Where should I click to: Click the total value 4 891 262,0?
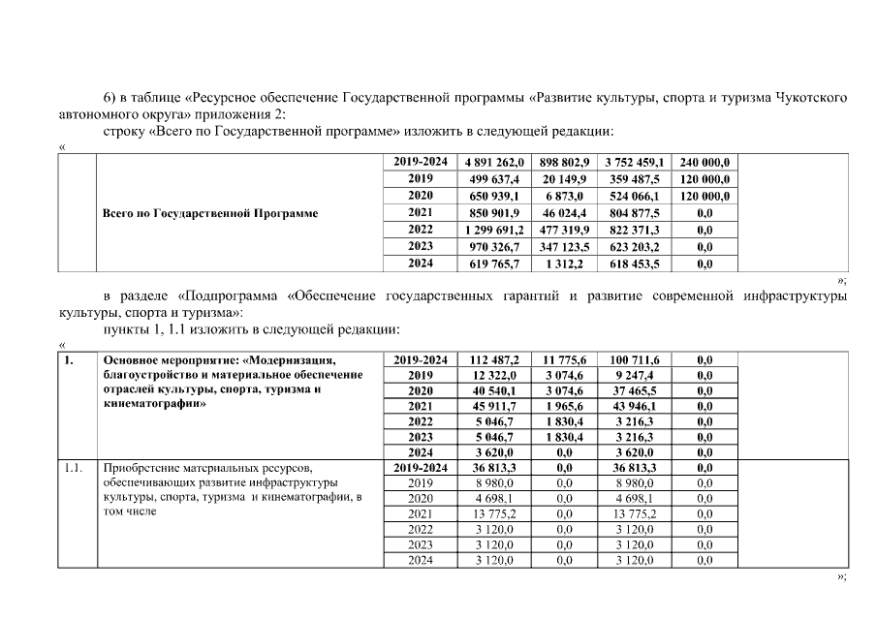[494, 163]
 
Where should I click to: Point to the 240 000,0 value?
[705, 163]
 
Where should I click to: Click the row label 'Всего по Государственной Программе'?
[210, 212]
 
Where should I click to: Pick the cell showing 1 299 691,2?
[494, 230]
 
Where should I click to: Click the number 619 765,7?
[494, 263]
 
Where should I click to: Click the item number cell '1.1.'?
[73, 468]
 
